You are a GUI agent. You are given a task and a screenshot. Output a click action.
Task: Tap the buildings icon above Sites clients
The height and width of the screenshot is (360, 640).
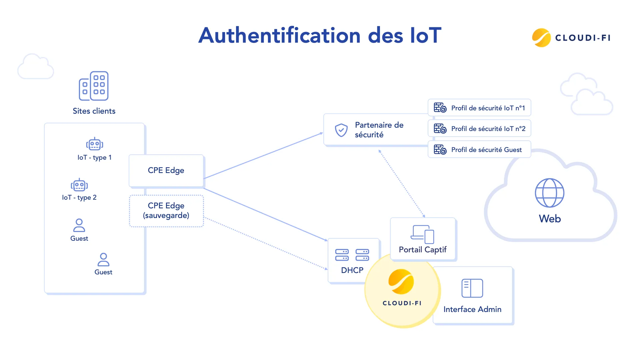(94, 86)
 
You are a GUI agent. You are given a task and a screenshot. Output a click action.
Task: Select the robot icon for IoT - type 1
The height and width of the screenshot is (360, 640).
(95, 144)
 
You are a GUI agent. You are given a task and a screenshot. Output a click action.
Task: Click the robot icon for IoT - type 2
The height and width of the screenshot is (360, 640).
(79, 185)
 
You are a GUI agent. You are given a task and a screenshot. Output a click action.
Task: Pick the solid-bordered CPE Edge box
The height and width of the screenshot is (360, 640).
(166, 170)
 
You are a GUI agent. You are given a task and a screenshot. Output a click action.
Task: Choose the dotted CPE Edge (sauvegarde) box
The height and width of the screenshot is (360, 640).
(166, 211)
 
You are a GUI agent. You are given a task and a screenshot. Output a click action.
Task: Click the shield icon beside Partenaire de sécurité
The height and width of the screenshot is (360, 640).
(341, 130)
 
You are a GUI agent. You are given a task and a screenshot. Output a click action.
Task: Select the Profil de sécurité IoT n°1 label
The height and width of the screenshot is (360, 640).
(488, 108)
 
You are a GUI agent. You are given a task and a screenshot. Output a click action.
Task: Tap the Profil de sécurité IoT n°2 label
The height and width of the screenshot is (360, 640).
(488, 129)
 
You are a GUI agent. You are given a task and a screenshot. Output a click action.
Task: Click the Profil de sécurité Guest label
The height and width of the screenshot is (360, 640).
(486, 150)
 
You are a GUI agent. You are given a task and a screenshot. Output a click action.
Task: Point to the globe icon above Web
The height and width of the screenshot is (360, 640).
(549, 193)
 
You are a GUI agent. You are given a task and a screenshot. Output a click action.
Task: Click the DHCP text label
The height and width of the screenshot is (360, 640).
(352, 270)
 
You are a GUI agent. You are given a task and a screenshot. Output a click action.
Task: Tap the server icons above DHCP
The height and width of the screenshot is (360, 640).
(352, 255)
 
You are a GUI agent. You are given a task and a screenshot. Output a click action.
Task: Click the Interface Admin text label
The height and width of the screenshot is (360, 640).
(472, 309)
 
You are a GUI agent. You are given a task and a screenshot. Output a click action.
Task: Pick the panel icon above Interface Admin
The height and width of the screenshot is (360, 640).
(472, 288)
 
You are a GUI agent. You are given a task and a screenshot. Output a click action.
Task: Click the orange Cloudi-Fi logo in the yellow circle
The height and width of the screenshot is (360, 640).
(401, 282)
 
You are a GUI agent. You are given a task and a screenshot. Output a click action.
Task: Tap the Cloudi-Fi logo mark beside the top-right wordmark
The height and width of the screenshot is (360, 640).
(541, 38)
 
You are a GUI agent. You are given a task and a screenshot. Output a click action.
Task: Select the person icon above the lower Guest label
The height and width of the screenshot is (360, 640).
(103, 259)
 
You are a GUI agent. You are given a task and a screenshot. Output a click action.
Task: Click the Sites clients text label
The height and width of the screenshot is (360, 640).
(94, 111)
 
